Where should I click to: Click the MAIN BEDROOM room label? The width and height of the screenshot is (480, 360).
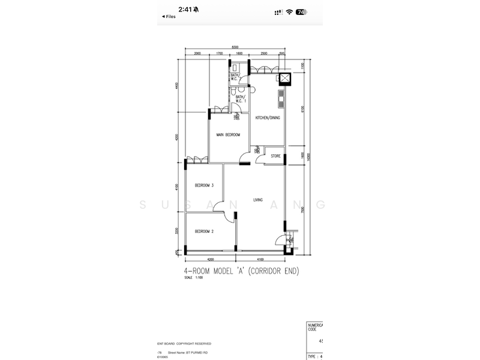pyautogui.click(x=228, y=135)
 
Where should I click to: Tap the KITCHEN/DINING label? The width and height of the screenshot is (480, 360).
pyautogui.click(x=268, y=118)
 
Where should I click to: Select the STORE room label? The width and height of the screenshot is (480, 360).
pyautogui.click(x=275, y=156)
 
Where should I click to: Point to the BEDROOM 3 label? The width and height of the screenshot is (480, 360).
pyautogui.click(x=205, y=185)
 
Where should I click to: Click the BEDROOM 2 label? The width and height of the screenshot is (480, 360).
pyautogui.click(x=205, y=231)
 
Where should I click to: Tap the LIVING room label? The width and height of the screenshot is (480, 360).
pyautogui.click(x=258, y=200)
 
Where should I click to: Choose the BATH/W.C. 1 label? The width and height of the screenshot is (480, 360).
pyautogui.click(x=241, y=99)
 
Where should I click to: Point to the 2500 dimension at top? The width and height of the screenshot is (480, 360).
pyautogui.click(x=263, y=53)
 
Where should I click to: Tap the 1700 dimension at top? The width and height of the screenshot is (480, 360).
pyautogui.click(x=219, y=53)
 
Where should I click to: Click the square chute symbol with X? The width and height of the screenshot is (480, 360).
pyautogui.click(x=283, y=78)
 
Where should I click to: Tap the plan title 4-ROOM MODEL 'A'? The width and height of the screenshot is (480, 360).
pyautogui.click(x=241, y=271)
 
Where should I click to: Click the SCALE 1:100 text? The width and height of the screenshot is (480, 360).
pyautogui.click(x=194, y=278)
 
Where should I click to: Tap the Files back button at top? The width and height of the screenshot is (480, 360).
pyautogui.click(x=169, y=17)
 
